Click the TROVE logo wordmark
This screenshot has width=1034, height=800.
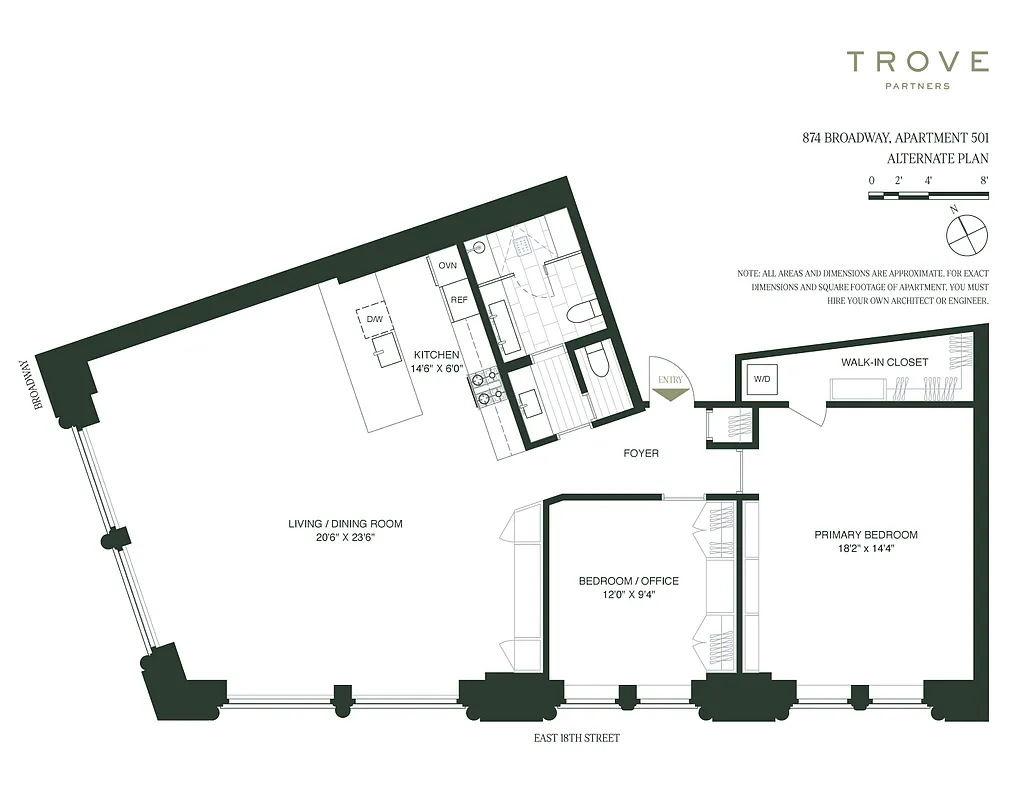pos(918,63)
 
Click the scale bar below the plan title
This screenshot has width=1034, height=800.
pos(929,194)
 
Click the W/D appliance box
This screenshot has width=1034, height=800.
pos(761,379)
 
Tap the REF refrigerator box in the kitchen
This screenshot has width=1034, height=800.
pos(459,300)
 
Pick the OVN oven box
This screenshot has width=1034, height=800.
pos(447,266)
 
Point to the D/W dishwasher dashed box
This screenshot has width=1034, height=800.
pos(374,318)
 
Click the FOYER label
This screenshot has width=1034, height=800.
pos(641,453)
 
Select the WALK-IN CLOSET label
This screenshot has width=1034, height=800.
pos(884,362)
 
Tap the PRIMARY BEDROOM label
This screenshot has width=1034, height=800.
pos(866,535)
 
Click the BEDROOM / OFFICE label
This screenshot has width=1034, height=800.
pos(629,581)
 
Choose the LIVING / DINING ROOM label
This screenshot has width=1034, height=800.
pos(345,524)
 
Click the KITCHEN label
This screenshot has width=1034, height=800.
pos(436,355)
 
